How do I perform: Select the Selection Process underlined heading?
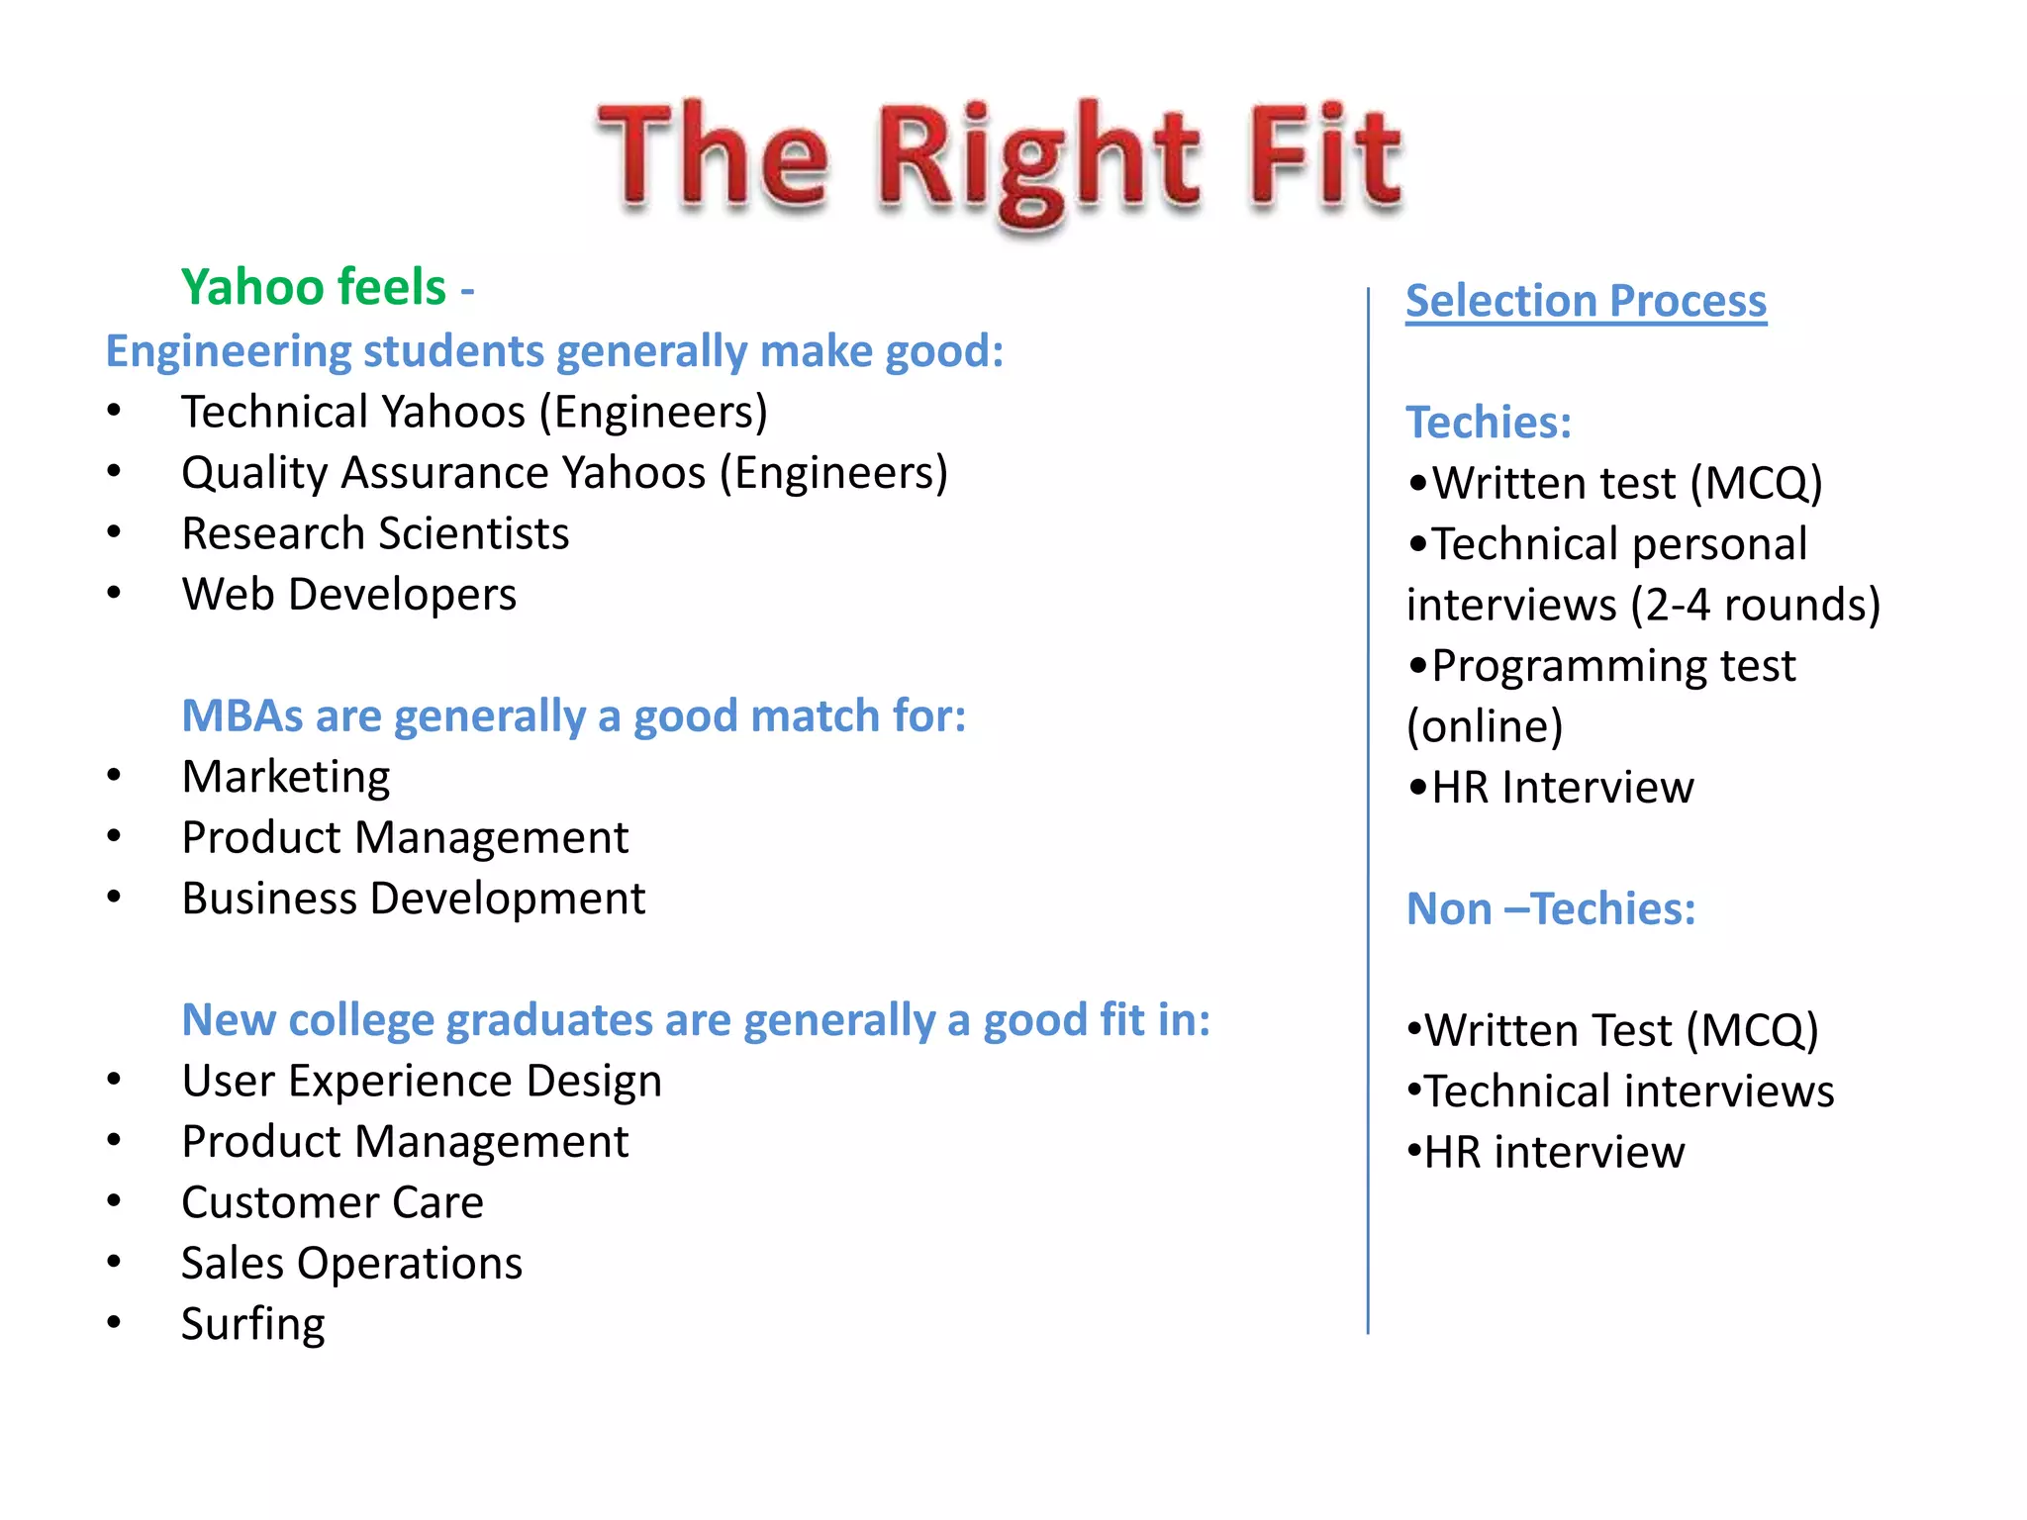1586,301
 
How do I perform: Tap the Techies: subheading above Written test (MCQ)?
1489,423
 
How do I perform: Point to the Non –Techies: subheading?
1551,908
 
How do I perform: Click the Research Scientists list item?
375,533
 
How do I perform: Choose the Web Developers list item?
348,595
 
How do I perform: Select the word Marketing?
286,777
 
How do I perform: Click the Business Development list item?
413,899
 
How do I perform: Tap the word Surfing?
253,1324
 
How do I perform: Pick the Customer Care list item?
333,1202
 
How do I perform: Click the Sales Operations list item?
351,1264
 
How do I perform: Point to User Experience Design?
422,1081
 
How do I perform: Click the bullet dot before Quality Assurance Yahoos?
115,472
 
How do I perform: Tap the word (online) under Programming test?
1485,726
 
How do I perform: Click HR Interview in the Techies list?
1562,788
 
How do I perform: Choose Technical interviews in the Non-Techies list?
1629,1092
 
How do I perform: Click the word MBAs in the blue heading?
241,715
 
